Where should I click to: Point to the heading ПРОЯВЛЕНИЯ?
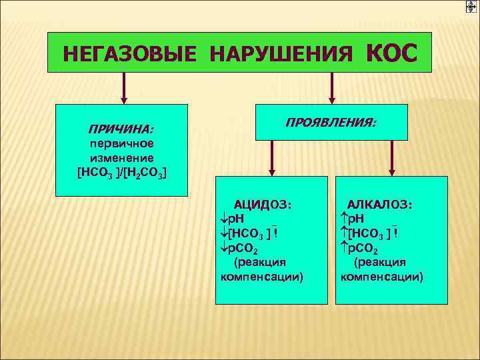331,123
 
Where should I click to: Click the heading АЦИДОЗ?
261,205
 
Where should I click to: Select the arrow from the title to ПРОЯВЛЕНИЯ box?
331,87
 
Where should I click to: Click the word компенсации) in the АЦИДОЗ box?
261,277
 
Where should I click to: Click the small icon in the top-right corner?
471,7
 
